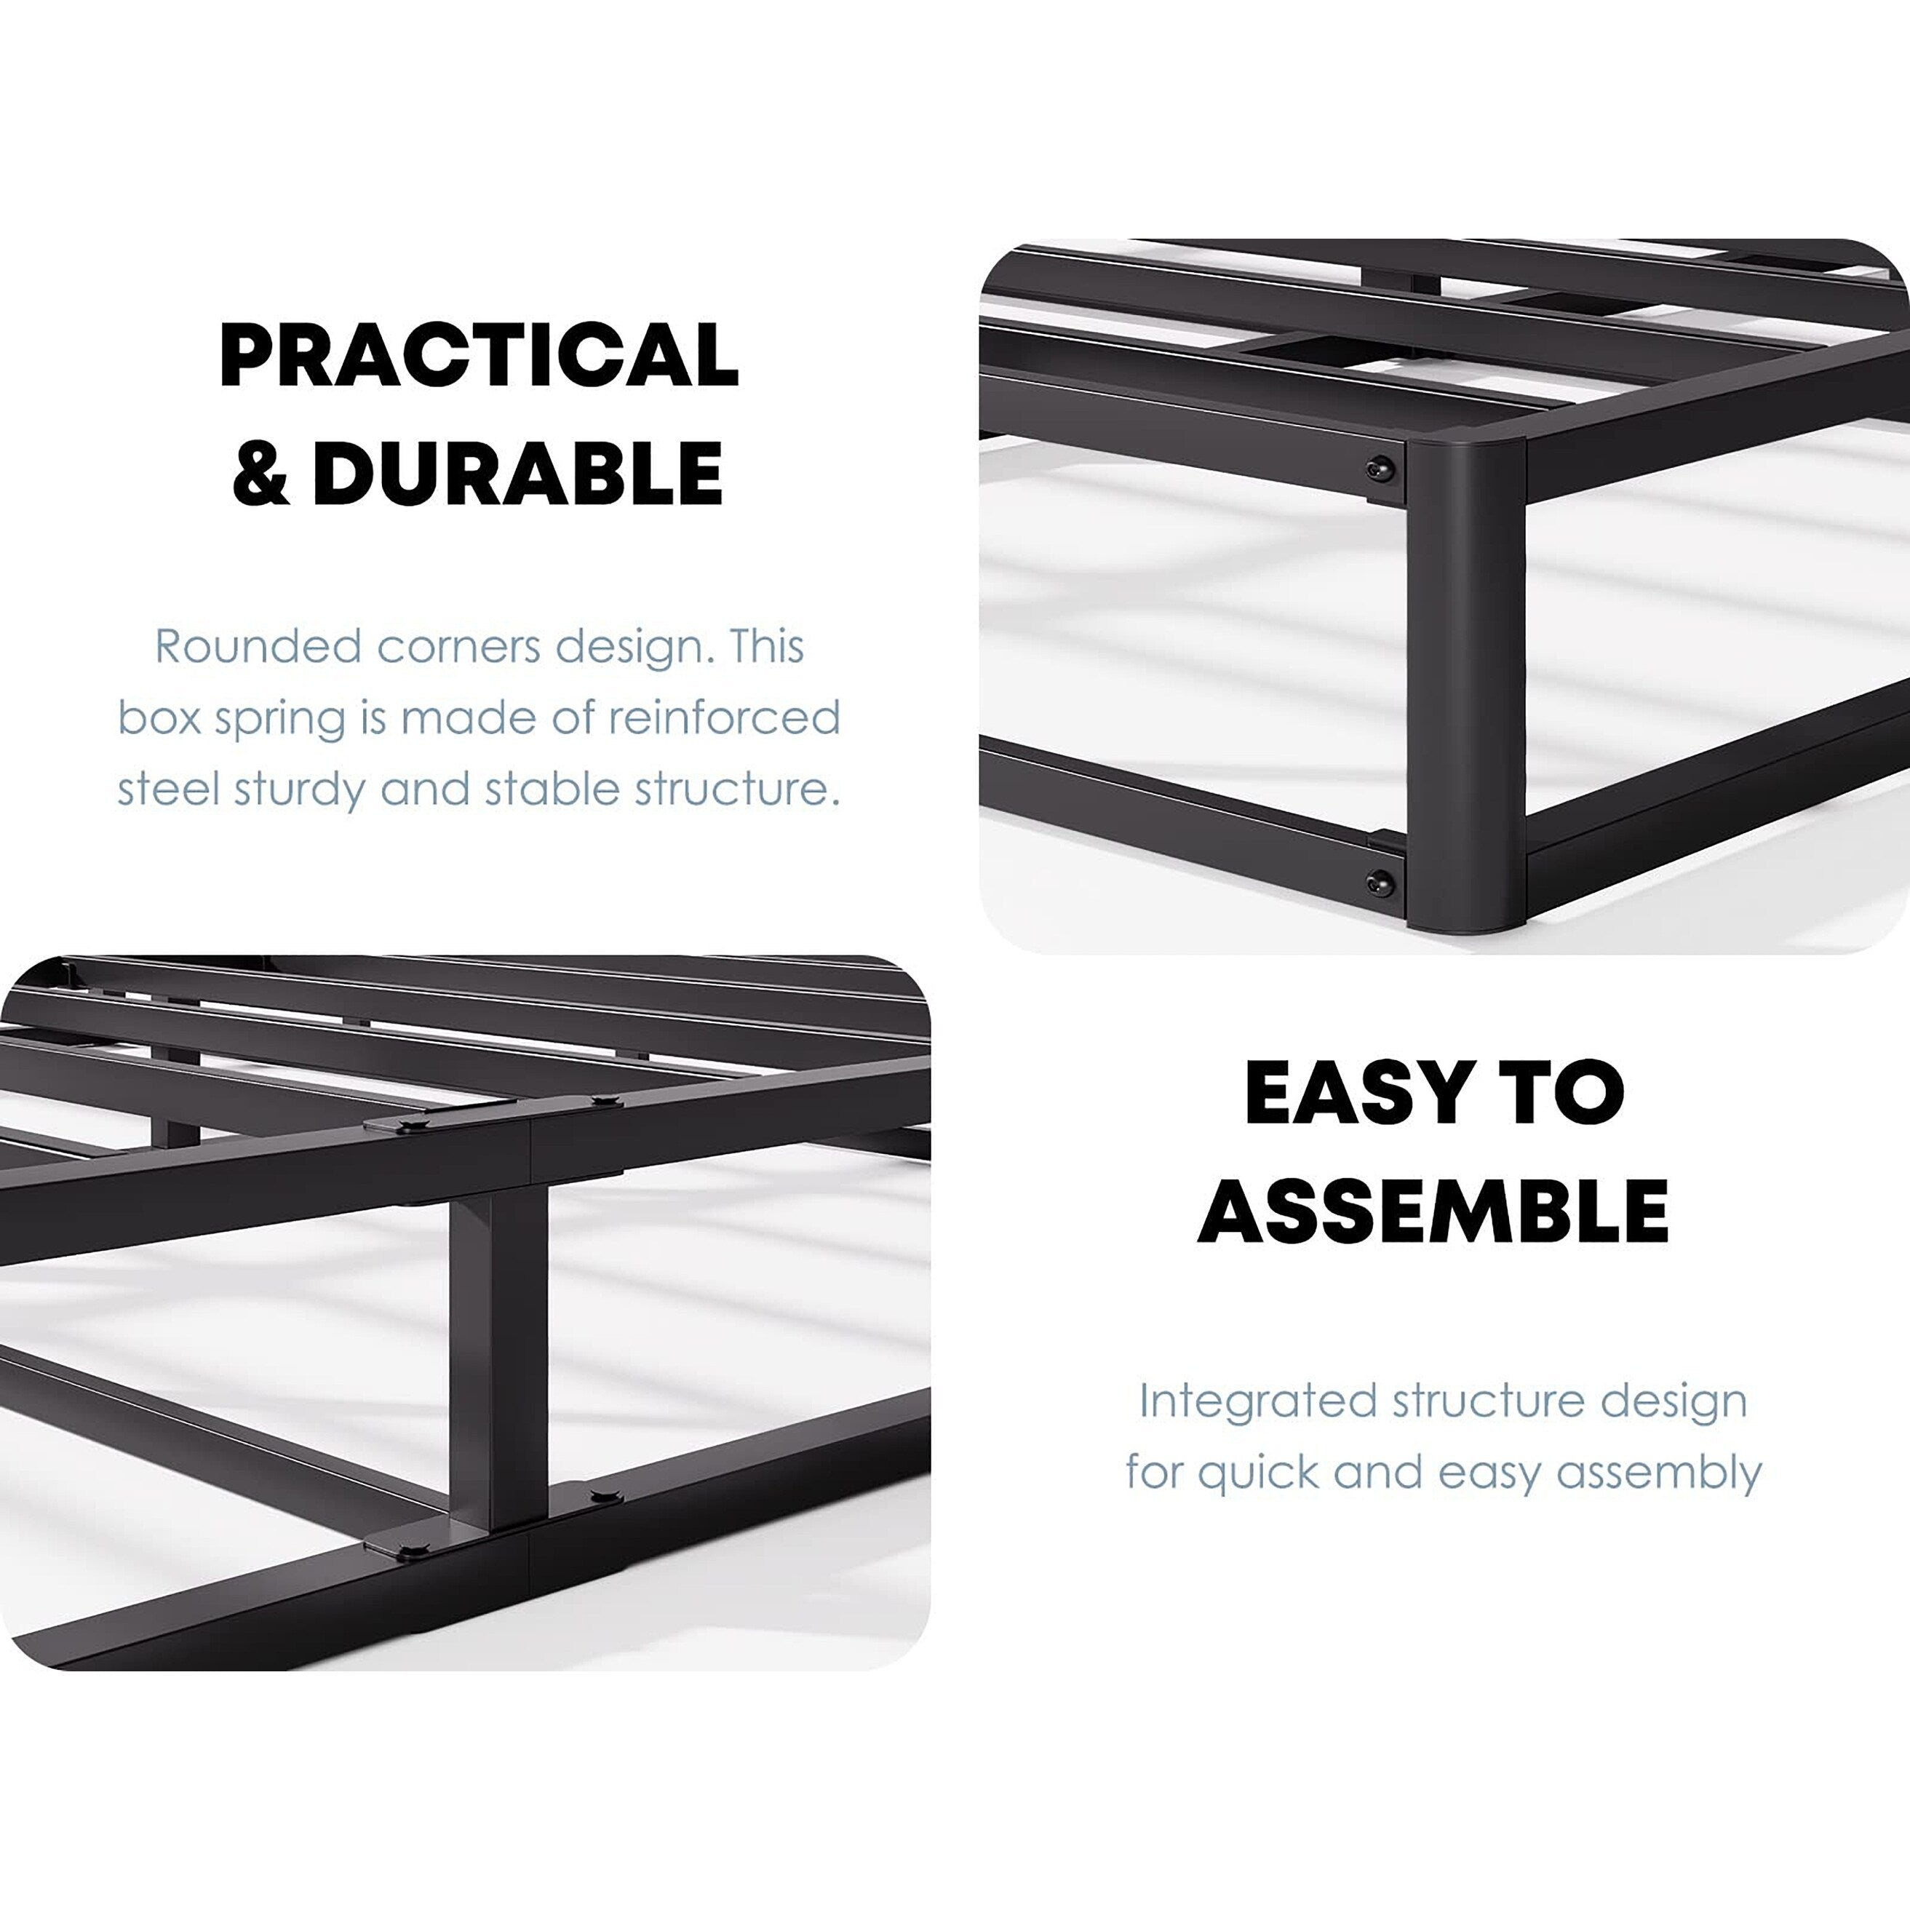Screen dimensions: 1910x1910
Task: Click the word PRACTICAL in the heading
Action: coord(479,356)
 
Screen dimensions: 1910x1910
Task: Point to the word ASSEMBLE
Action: coord(1433,1211)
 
